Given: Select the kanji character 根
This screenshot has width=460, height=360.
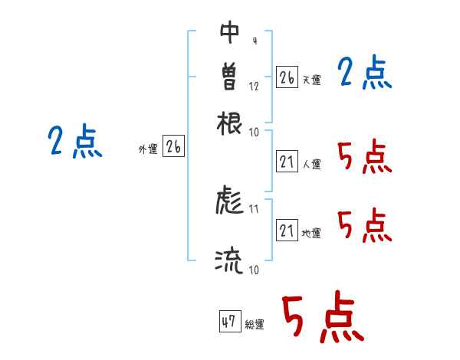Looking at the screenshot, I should click(x=229, y=122).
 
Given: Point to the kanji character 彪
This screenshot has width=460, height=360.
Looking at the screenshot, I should click(x=229, y=201).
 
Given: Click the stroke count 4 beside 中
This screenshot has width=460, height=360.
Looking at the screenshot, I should click(x=254, y=41).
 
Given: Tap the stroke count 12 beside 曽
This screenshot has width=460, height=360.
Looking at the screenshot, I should click(x=254, y=86).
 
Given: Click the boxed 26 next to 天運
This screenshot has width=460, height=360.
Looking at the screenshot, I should click(x=286, y=77).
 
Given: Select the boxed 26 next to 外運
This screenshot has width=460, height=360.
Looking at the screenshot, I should click(x=173, y=147).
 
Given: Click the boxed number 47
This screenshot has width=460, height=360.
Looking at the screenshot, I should click(x=229, y=322).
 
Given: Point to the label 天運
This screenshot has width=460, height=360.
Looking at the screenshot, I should click(x=310, y=80).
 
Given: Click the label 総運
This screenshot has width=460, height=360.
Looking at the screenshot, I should click(x=254, y=325).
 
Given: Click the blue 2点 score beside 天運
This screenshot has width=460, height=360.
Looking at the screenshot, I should click(x=365, y=74).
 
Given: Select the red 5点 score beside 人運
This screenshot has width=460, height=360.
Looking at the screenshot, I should click(x=364, y=157).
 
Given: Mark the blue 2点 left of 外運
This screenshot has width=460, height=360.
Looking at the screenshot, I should click(x=75, y=142).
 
